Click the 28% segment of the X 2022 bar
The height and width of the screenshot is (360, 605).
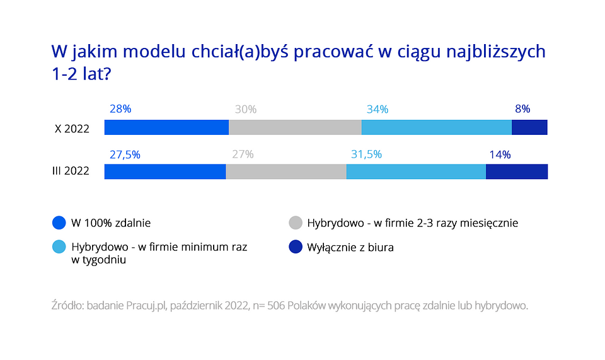tap(166, 127)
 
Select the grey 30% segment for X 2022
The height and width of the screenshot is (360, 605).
tap(295, 127)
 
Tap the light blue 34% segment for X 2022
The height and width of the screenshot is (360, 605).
tap(436, 127)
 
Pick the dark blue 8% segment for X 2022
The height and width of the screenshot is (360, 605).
tap(529, 127)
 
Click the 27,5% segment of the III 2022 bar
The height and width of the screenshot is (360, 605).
tap(165, 171)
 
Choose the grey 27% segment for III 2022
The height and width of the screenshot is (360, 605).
tap(286, 171)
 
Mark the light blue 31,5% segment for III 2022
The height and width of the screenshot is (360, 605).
tap(416, 171)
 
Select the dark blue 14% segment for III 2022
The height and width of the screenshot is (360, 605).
tap(517, 171)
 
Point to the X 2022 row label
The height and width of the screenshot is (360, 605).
tap(71, 129)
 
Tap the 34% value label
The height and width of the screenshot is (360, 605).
tap(377, 110)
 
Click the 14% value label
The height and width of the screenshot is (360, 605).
tap(500, 154)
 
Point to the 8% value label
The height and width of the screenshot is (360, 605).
tap(522, 109)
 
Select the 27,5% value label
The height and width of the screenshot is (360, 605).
tap(125, 154)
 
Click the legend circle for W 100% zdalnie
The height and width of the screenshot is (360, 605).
tap(59, 223)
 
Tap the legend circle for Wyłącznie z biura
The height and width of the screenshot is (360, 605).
tap(295, 247)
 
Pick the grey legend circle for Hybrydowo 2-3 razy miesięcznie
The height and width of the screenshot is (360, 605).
tap(295, 223)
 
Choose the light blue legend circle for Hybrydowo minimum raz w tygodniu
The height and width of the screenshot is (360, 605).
tap(59, 247)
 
